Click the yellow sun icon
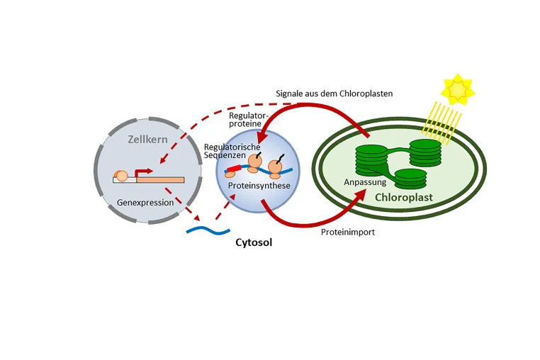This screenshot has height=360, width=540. click(458, 89)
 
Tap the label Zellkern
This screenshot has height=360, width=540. click(147, 139)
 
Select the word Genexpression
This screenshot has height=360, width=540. click(145, 202)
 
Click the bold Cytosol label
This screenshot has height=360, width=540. click(254, 242)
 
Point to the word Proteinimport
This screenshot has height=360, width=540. click(348, 232)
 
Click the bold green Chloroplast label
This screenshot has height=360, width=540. click(404, 198)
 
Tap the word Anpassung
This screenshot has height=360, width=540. click(365, 182)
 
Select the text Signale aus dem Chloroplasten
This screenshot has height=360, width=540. click(334, 94)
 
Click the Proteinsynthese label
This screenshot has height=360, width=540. click(259, 186)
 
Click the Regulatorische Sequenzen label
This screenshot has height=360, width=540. click(232, 151)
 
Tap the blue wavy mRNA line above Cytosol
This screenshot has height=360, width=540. click(208, 230)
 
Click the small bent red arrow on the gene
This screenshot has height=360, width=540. click(142, 172)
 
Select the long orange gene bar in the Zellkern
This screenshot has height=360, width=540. click(160, 180)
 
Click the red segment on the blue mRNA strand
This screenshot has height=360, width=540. click(233, 169)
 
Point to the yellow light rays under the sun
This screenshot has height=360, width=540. click(441, 123)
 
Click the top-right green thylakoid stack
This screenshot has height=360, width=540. click(425, 152)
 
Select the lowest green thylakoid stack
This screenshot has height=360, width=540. click(410, 179)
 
